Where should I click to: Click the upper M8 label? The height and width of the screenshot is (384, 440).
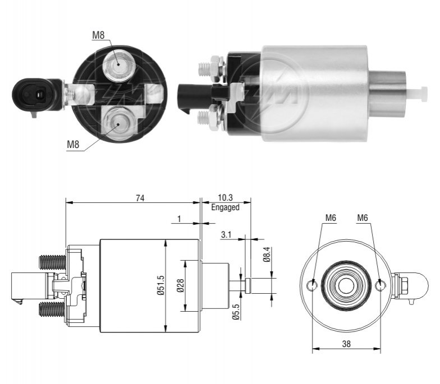98,35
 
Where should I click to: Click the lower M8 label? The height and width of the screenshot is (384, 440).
73,145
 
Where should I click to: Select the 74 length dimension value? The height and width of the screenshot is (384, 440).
140,198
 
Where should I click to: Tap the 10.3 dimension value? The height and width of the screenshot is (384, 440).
226,197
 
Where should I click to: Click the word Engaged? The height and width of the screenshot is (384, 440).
226,207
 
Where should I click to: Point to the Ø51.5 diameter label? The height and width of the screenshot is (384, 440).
161,285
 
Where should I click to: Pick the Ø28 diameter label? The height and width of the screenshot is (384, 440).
181,285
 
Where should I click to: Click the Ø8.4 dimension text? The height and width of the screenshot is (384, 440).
266,255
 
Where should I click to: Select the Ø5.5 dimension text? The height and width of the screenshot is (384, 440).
236,312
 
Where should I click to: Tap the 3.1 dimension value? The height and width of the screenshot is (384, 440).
226,234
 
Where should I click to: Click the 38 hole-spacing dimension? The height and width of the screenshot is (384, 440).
346,344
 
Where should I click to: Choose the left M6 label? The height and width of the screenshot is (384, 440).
331,218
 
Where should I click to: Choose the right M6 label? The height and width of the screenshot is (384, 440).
363,218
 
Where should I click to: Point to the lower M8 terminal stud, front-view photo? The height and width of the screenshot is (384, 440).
118,123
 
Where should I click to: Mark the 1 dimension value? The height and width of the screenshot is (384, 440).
180,219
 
